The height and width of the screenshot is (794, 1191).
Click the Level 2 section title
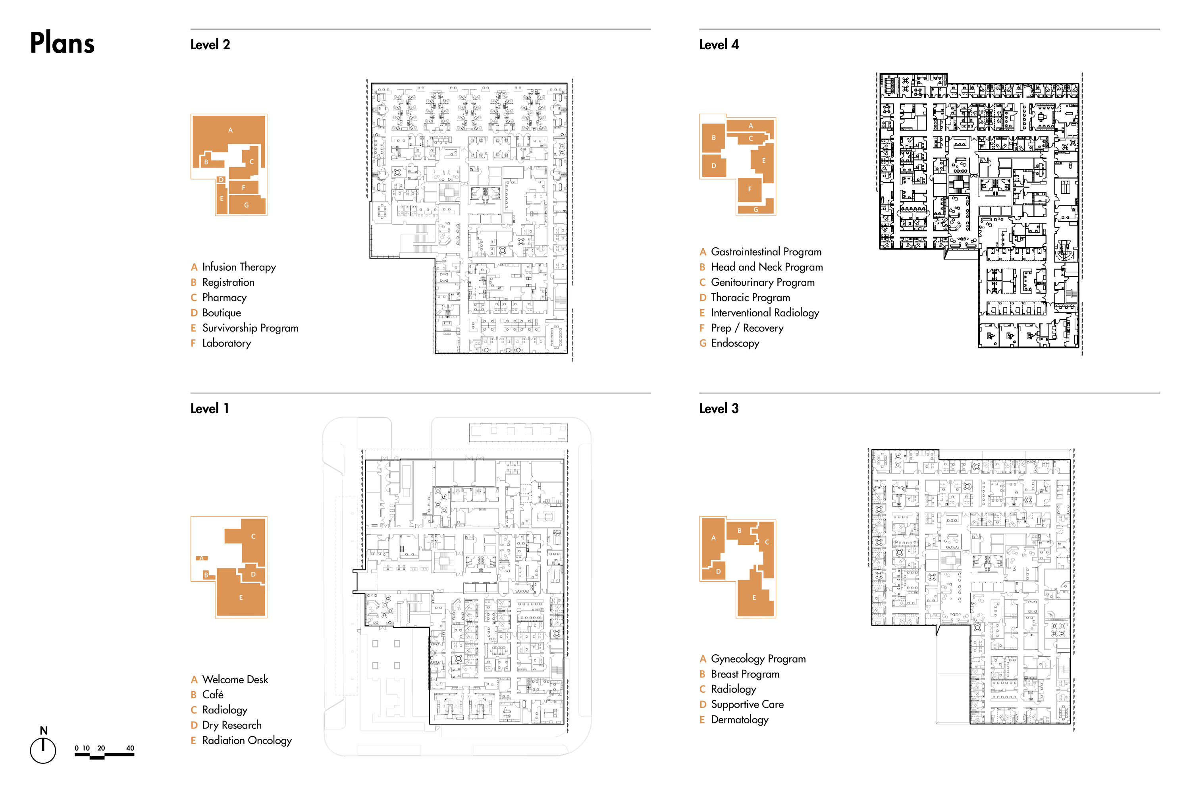210,44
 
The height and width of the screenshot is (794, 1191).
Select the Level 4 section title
719,44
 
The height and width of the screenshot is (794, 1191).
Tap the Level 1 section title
209,409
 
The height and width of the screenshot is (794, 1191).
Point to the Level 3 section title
719,409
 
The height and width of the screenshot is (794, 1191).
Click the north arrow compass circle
43,750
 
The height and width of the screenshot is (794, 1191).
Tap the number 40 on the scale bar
130,748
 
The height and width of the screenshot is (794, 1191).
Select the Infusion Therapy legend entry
239,267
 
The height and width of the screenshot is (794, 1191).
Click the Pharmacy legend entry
224,297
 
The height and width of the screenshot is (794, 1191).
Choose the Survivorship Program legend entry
250,328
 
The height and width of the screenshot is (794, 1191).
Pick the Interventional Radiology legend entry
765,312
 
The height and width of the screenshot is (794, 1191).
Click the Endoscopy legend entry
735,343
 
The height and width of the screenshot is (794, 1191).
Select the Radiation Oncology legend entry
247,740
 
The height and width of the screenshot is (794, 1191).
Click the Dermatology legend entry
739,719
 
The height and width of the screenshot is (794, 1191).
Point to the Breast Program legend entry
745,674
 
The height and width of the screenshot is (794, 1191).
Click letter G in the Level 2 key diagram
247,205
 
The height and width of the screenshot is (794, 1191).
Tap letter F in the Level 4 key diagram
750,189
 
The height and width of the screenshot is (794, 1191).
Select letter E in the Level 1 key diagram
241,597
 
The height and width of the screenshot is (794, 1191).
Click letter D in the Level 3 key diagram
718,571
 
